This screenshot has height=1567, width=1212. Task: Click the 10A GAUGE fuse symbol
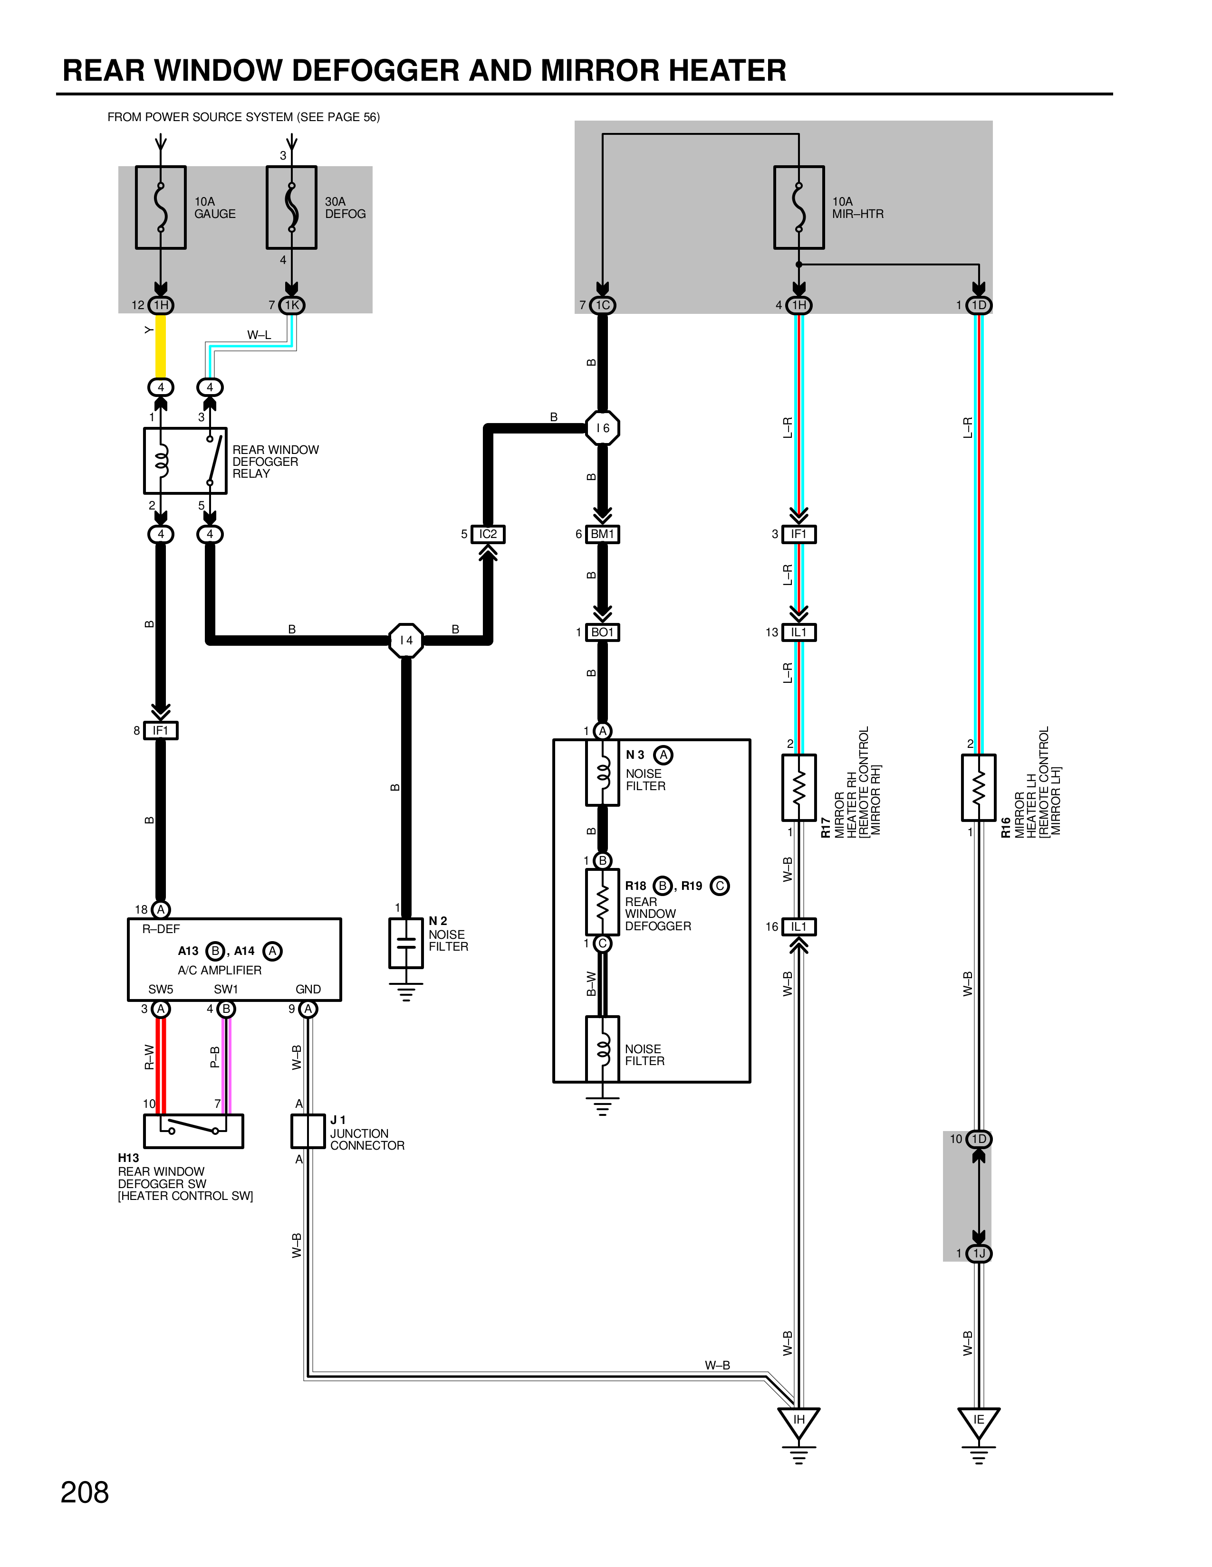click(161, 208)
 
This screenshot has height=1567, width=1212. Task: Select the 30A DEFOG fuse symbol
click(291, 208)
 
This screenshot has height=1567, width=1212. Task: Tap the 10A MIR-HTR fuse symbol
click(799, 208)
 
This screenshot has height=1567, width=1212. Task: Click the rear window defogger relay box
click(185, 461)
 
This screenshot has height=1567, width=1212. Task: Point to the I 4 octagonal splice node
click(406, 640)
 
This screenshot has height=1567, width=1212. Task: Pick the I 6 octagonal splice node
click(602, 428)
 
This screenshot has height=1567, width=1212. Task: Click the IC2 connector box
click(488, 534)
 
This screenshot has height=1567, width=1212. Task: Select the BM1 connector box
click(602, 534)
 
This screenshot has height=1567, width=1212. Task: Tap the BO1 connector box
click(602, 632)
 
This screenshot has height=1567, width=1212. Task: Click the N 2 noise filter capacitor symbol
click(406, 943)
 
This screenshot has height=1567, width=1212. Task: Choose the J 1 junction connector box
click(308, 1132)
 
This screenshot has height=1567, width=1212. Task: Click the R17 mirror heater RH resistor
click(799, 787)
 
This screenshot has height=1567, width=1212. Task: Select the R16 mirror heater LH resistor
click(979, 787)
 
